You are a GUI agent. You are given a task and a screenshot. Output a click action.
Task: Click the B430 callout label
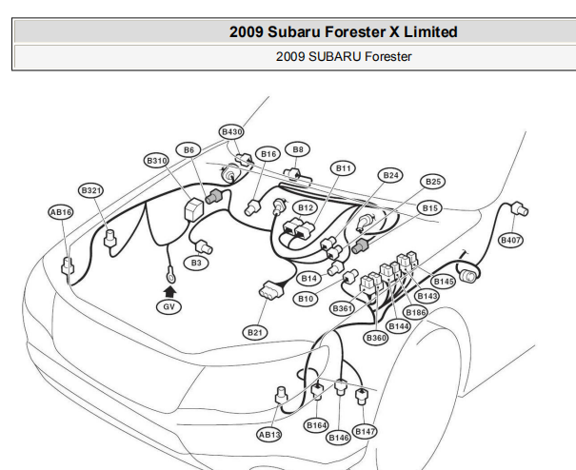tap(231, 132)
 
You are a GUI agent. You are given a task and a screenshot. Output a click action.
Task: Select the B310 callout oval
tap(157, 161)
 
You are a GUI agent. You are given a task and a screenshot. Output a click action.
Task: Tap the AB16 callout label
tap(61, 212)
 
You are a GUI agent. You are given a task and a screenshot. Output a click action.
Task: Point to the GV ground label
tap(169, 306)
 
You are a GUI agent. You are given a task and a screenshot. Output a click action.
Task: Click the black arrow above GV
tap(169, 291)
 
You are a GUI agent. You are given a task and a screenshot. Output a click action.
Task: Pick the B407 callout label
tap(510, 240)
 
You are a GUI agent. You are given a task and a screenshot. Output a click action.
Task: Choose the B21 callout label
tap(255, 333)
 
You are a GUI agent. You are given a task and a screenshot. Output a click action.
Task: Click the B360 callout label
tap(376, 338)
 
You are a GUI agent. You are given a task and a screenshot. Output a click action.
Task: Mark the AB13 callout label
tap(269, 435)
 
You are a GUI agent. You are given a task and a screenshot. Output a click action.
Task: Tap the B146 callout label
tap(338, 438)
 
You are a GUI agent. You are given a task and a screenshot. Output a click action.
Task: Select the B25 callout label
tap(433, 182)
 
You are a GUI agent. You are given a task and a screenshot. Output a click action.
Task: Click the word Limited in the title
tap(430, 32)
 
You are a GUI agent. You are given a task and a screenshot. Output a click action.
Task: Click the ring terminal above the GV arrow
tap(170, 275)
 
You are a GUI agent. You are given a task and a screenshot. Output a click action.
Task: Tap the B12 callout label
tap(306, 208)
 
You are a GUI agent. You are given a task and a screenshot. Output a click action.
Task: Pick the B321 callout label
tap(90, 190)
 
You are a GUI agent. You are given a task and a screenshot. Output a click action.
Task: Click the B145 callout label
tap(444, 282)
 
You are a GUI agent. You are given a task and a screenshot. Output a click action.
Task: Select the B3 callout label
tap(196, 263)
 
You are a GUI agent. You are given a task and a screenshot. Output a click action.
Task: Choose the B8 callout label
tap(298, 149)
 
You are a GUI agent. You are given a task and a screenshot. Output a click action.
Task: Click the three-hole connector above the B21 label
tap(271, 290)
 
